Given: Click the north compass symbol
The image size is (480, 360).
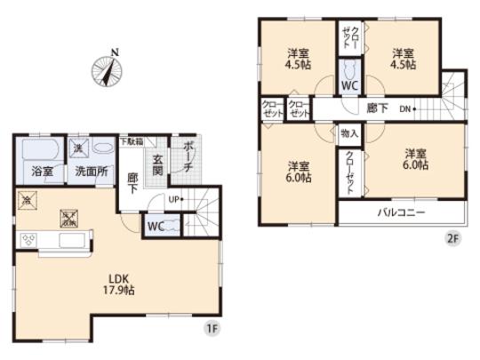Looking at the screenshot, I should (x=105, y=70).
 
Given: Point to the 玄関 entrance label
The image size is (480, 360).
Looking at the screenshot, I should (x=156, y=165).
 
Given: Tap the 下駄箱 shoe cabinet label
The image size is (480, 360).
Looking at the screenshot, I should (x=132, y=140).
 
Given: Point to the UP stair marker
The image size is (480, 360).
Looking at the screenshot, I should (x=176, y=198).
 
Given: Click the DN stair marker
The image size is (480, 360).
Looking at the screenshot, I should (x=404, y=108).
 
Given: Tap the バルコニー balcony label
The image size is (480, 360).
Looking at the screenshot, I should (x=401, y=213).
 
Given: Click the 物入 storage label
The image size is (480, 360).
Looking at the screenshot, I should (x=349, y=132).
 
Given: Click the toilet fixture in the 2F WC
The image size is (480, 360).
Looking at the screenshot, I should (x=349, y=68).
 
